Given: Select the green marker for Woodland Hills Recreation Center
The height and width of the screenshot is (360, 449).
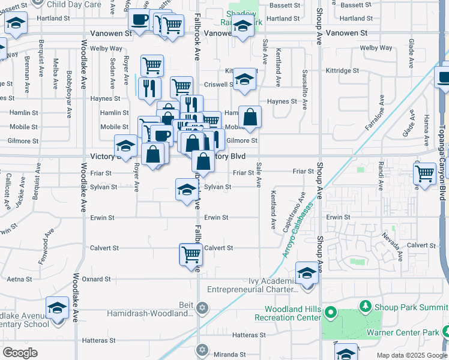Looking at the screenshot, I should click(331, 314).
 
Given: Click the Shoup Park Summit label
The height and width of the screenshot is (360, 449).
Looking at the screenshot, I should click(411, 307).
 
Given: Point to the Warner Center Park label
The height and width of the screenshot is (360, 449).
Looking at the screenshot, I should click(403, 332).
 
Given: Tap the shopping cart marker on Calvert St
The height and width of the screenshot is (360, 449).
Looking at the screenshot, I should click(191, 254).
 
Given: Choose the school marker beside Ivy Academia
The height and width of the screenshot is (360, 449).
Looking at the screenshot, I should click(307, 274).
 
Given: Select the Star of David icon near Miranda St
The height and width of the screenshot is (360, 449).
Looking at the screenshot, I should click(202, 349).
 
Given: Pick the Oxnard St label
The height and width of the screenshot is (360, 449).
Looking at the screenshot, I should click(96, 279).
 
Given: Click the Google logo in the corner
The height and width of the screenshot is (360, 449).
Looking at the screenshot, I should click(20, 353).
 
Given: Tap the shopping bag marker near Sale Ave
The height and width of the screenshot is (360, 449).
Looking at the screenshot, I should click(250, 116).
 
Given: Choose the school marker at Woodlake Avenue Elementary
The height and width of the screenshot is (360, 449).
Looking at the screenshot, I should click(58, 308).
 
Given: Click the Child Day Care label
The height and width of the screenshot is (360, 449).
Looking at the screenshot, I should click(76, 4).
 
